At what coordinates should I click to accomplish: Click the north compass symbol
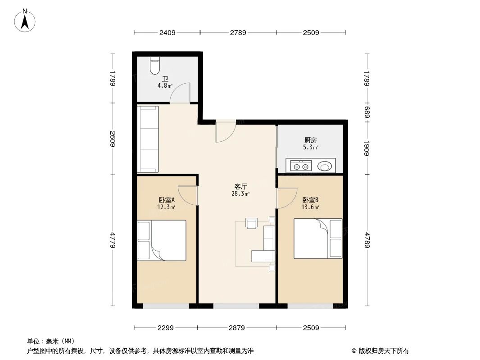click(x=26, y=20)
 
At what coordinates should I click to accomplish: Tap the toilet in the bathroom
click(x=154, y=66)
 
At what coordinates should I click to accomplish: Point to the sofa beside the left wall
click(x=148, y=139)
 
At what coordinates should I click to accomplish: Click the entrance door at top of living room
click(x=225, y=132)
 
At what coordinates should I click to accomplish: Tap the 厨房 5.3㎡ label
click(x=310, y=144)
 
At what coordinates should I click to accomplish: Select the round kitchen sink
click(x=325, y=166)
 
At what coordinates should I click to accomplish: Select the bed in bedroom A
click(x=162, y=240)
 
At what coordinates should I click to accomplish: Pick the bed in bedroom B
click(x=317, y=238)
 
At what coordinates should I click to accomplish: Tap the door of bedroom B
click(x=286, y=198)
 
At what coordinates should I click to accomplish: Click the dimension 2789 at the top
click(x=238, y=32)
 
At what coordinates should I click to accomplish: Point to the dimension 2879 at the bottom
click(x=236, y=328)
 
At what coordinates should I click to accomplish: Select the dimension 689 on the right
click(x=367, y=112)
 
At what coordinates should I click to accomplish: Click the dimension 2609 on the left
click(x=113, y=139)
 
